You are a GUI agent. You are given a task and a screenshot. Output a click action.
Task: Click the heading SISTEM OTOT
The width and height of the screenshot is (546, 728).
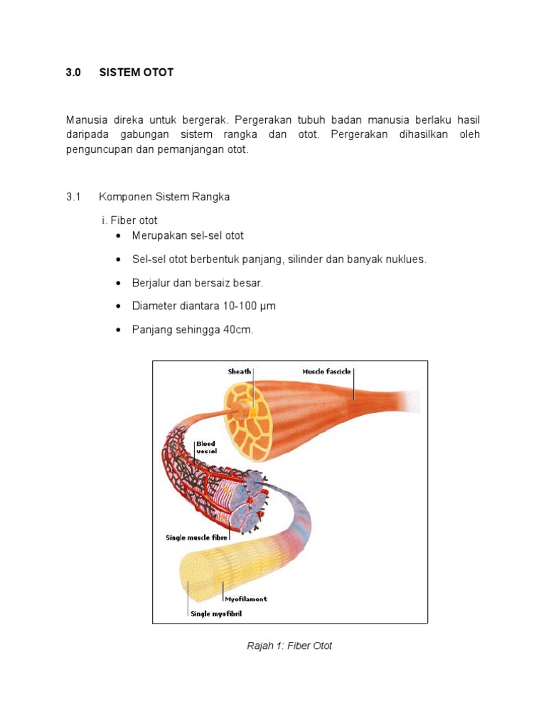(x=136, y=73)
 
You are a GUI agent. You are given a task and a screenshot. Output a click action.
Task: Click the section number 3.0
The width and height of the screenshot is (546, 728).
(x=74, y=73)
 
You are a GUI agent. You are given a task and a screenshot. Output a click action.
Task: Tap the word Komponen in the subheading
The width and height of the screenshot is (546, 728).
(x=123, y=197)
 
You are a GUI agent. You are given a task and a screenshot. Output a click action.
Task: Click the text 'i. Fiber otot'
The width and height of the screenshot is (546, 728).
(x=129, y=220)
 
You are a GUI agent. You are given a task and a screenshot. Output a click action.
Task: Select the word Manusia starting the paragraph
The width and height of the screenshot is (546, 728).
(x=90, y=119)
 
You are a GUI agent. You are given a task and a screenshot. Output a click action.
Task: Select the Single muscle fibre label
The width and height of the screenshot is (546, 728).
(x=196, y=538)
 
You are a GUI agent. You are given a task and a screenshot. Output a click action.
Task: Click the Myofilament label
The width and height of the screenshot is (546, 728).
(x=245, y=599)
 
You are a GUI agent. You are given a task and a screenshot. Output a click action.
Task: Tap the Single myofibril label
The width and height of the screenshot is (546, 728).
(x=216, y=614)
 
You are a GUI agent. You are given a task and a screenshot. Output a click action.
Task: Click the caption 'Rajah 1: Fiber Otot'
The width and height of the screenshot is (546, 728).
(x=289, y=646)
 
